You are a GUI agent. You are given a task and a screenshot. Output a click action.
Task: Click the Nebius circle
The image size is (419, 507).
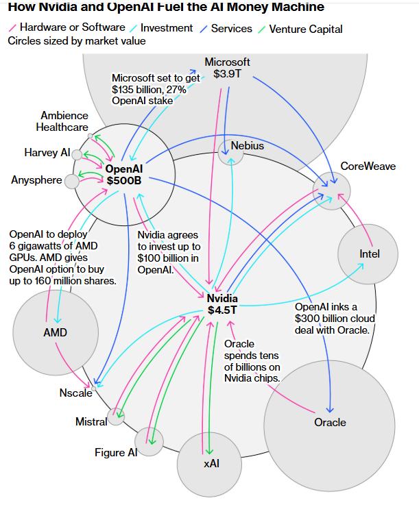(x=230, y=155)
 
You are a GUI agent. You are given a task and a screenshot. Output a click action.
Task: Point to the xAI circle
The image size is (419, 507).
(x=210, y=464)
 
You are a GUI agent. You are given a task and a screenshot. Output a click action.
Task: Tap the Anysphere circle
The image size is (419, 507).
(x=72, y=181)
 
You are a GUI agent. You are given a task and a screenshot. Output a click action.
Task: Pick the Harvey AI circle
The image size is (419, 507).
(x=77, y=155)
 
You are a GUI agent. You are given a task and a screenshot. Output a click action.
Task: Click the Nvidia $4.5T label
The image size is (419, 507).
(x=222, y=304)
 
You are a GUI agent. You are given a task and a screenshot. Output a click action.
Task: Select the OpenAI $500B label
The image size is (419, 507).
(x=123, y=175)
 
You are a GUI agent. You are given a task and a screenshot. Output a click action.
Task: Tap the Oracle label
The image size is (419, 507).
(x=330, y=422)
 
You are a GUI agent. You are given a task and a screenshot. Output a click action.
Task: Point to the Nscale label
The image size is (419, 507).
(x=75, y=393)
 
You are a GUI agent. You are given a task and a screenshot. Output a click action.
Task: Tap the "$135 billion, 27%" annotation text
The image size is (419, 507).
(x=156, y=89)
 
